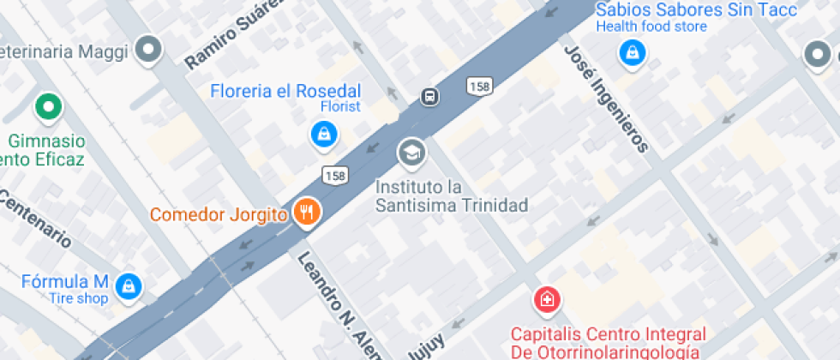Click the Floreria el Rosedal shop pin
tap(324, 133)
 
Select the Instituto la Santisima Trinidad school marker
tap(412, 153)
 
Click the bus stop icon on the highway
tap(430, 96)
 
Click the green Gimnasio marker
tap(49, 108)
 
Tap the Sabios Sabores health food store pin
tap(632, 52)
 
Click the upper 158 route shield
tap(480, 86)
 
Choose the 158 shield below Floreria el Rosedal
tap(335, 175)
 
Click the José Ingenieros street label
tap(605, 99)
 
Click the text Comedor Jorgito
tap(219, 214)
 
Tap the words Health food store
tap(652, 27)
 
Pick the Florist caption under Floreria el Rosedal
tap(340, 107)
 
